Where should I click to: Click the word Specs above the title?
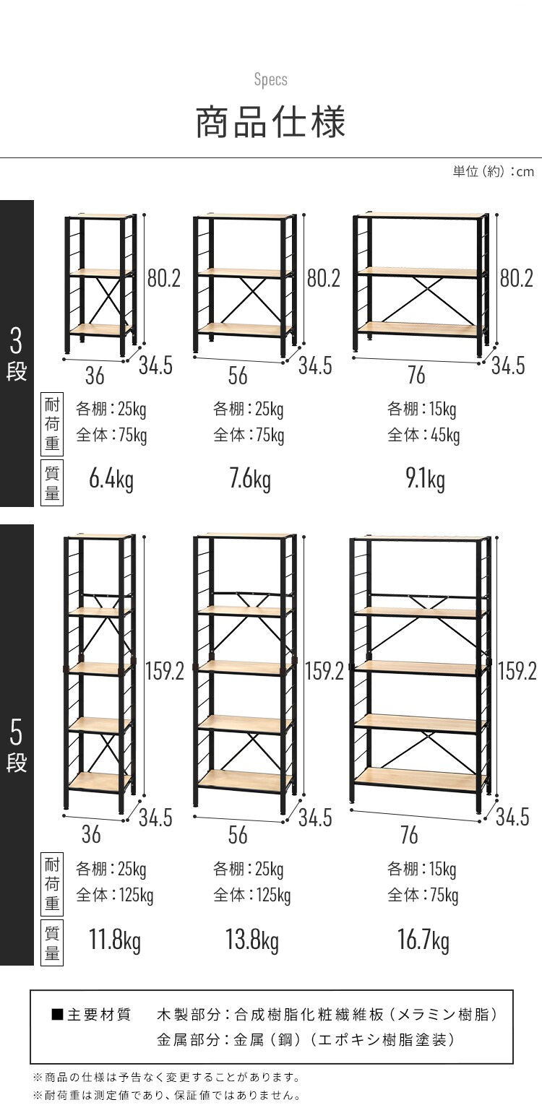click(271, 80)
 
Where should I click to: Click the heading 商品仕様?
click(270, 122)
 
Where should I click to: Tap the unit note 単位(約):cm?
click(494, 172)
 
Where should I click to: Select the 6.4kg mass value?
click(111, 480)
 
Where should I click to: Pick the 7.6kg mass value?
click(250, 480)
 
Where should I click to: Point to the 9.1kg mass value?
click(425, 480)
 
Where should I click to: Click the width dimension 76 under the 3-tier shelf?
click(416, 376)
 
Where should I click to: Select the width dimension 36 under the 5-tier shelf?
click(91, 834)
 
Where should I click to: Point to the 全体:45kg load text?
click(423, 435)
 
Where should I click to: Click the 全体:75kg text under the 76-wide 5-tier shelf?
click(423, 896)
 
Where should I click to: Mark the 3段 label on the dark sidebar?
click(17, 354)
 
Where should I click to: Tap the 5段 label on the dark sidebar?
click(17, 745)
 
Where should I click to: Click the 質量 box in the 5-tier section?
click(52, 942)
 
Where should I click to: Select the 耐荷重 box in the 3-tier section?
click(52, 424)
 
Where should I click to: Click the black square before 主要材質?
click(58, 1014)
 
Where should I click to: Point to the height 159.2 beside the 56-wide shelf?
click(324, 671)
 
